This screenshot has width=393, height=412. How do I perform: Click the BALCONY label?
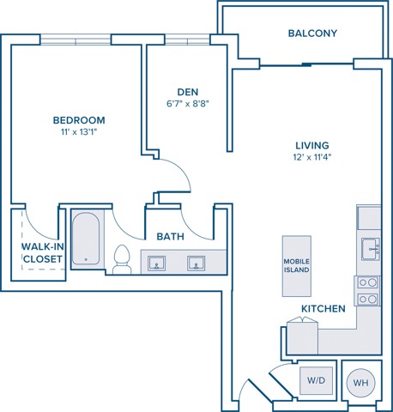point(312,33)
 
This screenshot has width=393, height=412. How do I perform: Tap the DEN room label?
point(188,92)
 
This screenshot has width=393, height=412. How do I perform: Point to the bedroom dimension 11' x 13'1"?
point(79,132)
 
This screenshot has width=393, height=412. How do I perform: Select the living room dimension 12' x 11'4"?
point(312,157)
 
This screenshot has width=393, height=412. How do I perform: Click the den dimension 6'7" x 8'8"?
point(188,103)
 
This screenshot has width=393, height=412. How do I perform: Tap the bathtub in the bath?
point(86,239)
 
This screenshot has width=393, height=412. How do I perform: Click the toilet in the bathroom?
point(122,259)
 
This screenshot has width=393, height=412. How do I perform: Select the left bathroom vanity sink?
point(156,264)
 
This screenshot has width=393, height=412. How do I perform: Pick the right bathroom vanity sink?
point(196,264)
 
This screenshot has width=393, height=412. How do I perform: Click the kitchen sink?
point(371,249)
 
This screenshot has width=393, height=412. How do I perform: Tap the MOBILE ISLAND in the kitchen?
point(297,266)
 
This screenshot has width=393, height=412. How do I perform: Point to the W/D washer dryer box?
point(316,380)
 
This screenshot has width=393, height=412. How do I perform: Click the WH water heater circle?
point(360,383)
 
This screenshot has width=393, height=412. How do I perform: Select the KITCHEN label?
point(323,309)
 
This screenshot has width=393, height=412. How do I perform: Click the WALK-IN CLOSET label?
point(43,252)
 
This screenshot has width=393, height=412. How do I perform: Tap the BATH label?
point(170,237)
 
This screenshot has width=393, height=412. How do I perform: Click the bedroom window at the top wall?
point(76,39)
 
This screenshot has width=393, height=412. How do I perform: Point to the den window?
point(187,39)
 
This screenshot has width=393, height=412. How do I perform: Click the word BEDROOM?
point(79,120)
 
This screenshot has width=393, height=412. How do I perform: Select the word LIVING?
point(312,145)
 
